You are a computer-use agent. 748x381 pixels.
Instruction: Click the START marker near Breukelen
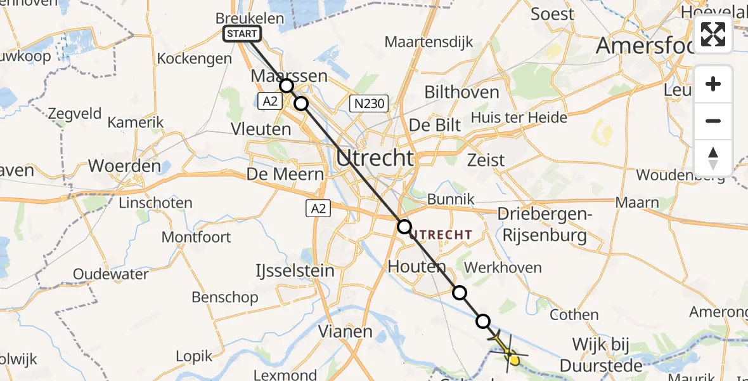[242, 34]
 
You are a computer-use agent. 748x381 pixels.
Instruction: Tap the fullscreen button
[713, 34]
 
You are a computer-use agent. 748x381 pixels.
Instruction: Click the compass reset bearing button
[713, 158]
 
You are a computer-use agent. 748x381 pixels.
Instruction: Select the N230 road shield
[369, 104]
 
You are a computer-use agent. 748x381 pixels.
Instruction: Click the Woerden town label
[124, 166]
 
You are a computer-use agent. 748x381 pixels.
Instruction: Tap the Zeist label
[486, 159]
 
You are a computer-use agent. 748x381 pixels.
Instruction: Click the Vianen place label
[345, 331]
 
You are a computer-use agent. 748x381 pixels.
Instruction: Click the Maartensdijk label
[429, 43]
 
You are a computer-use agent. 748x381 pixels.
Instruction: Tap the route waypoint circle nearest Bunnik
[404, 226]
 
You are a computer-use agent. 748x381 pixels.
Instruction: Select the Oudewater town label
[110, 274]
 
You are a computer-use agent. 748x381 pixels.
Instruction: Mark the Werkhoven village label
[503, 268]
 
